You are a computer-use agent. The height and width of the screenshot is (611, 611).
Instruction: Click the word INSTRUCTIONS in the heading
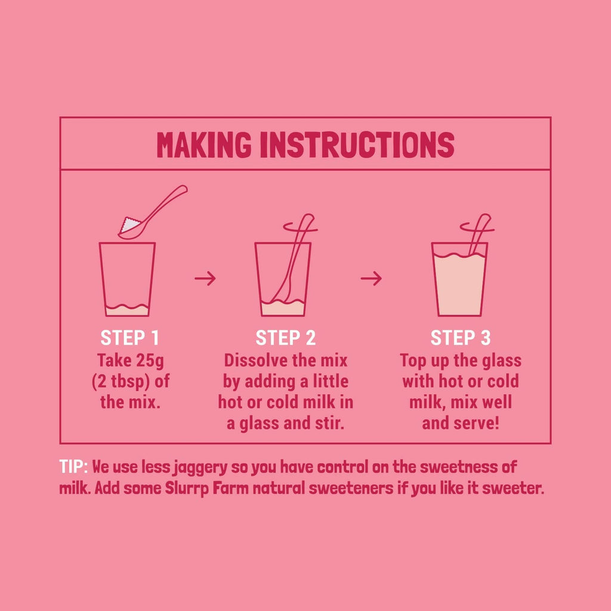coord(357,144)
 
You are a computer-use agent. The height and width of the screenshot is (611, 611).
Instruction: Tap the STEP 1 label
coord(129,338)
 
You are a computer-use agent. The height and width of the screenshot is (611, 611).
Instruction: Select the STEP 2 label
coord(285,338)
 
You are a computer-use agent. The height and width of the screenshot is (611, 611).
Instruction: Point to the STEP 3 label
coord(460,338)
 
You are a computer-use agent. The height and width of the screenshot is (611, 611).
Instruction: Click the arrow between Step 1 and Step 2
coord(205,278)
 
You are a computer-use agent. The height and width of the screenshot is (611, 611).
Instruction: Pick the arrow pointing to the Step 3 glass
coord(371,278)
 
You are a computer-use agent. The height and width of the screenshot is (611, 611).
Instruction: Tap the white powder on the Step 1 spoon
coord(126,226)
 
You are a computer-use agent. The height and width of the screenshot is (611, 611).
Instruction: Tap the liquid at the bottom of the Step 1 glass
coord(126,310)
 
